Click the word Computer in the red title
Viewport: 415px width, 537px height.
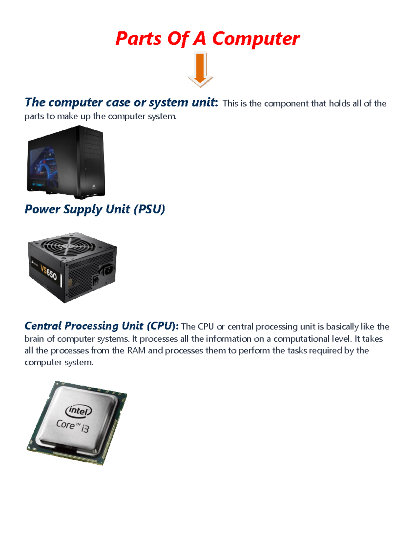(256, 38)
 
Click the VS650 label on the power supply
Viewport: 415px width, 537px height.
(48, 273)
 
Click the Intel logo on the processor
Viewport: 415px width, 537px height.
(79, 411)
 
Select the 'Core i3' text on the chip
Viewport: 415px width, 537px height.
(73, 425)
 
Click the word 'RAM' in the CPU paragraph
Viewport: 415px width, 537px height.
(136, 351)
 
